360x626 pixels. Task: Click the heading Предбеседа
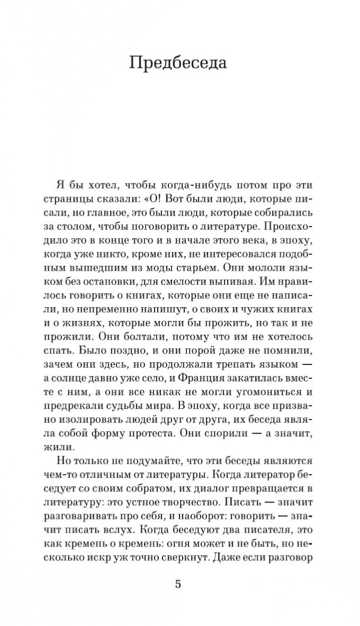point(178,63)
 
